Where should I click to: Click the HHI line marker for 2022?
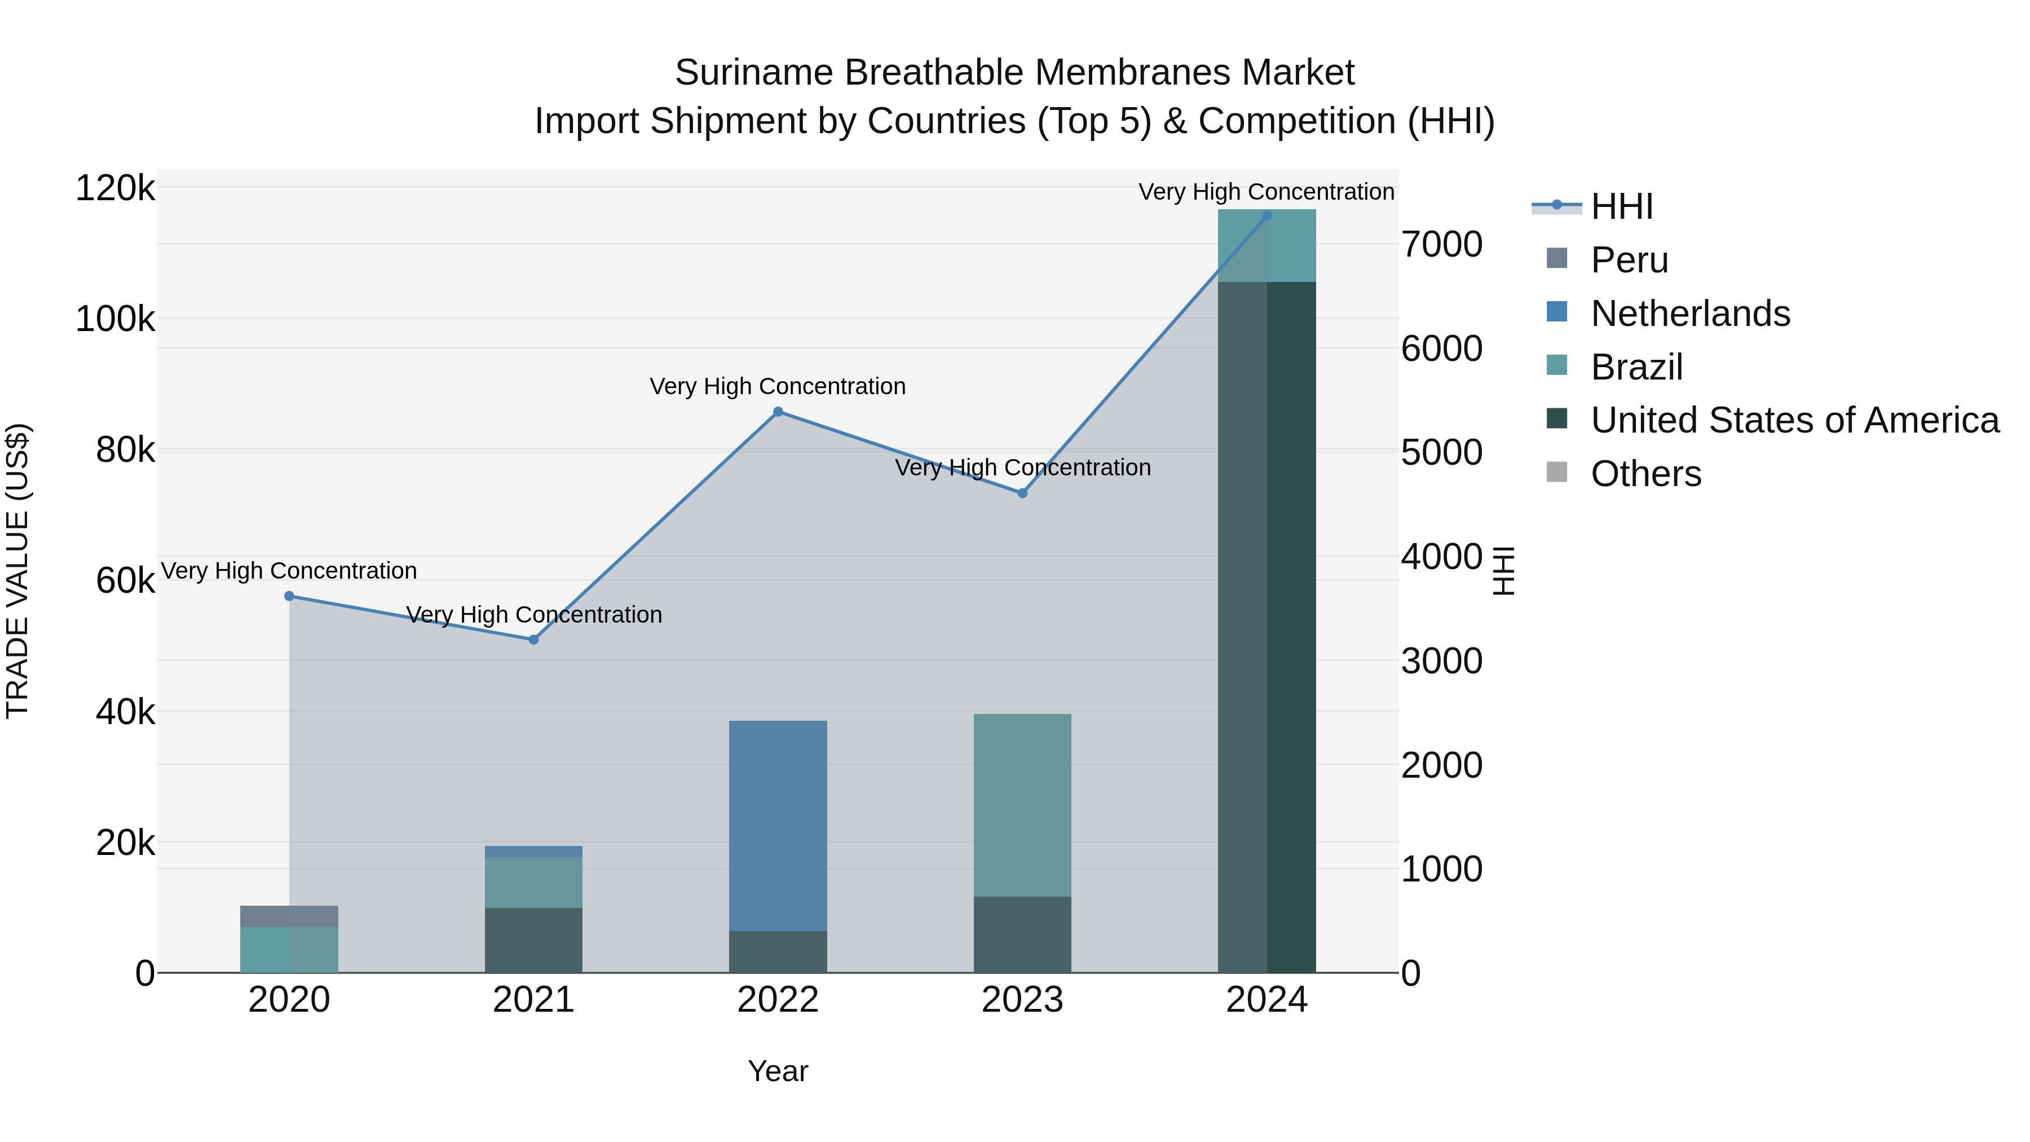point(778,412)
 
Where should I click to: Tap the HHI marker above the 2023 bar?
point(1022,493)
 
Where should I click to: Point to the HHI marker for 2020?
point(289,597)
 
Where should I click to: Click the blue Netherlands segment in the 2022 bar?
point(778,825)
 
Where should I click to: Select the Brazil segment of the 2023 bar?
point(1022,805)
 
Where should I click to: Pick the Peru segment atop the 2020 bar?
point(289,916)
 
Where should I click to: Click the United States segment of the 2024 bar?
point(1266,627)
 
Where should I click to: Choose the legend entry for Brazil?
point(1636,367)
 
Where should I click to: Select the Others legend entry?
point(1645,474)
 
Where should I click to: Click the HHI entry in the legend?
point(1620,206)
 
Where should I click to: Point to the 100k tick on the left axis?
point(115,320)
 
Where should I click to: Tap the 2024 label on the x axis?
point(1266,1000)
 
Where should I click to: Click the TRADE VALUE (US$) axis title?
point(17,571)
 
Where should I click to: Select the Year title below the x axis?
point(778,1071)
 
